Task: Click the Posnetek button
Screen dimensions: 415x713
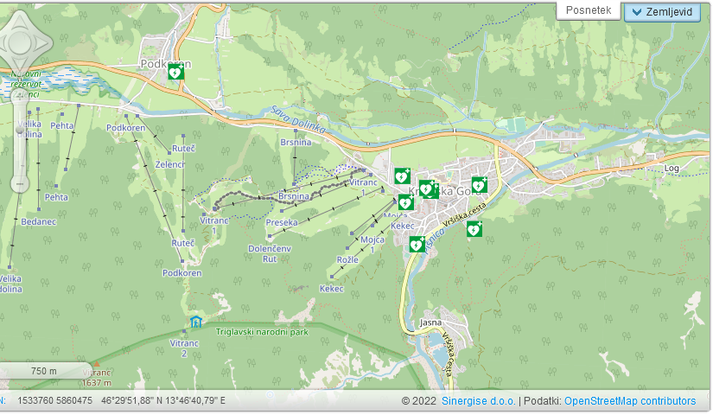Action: point(589,10)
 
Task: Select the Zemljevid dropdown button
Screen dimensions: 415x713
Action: point(674,11)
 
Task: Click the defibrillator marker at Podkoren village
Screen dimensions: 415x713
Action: point(175,72)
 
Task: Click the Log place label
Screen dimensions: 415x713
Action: point(672,168)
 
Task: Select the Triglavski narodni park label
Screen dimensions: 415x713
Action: point(262,331)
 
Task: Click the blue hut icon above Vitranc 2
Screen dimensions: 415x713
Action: point(196,322)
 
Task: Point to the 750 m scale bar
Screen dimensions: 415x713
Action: point(43,371)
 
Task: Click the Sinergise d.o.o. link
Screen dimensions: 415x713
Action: point(478,401)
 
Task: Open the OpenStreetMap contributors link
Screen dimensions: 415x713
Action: point(629,401)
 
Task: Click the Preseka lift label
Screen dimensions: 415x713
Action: point(282,222)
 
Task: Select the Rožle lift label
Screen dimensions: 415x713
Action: point(347,259)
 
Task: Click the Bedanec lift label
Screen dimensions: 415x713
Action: point(38,222)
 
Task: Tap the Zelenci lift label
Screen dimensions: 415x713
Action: point(170,163)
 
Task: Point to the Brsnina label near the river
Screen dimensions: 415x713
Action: point(296,142)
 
